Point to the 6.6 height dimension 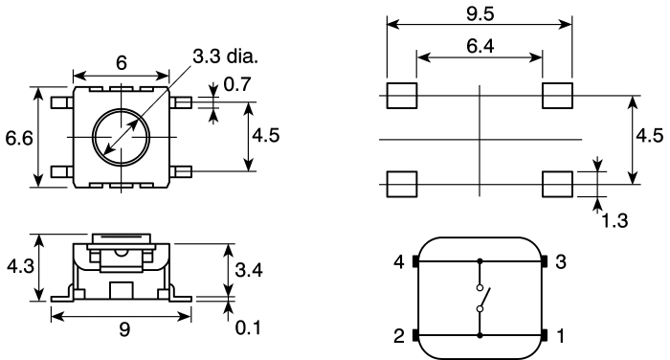(x=18, y=138)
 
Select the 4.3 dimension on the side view (x=17, y=265)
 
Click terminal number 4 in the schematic (x=398, y=261)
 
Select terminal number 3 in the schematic (x=562, y=261)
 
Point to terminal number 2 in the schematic (x=398, y=335)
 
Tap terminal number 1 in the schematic (x=562, y=335)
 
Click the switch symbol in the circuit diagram (x=480, y=297)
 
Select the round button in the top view (x=121, y=138)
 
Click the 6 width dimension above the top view (x=122, y=59)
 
